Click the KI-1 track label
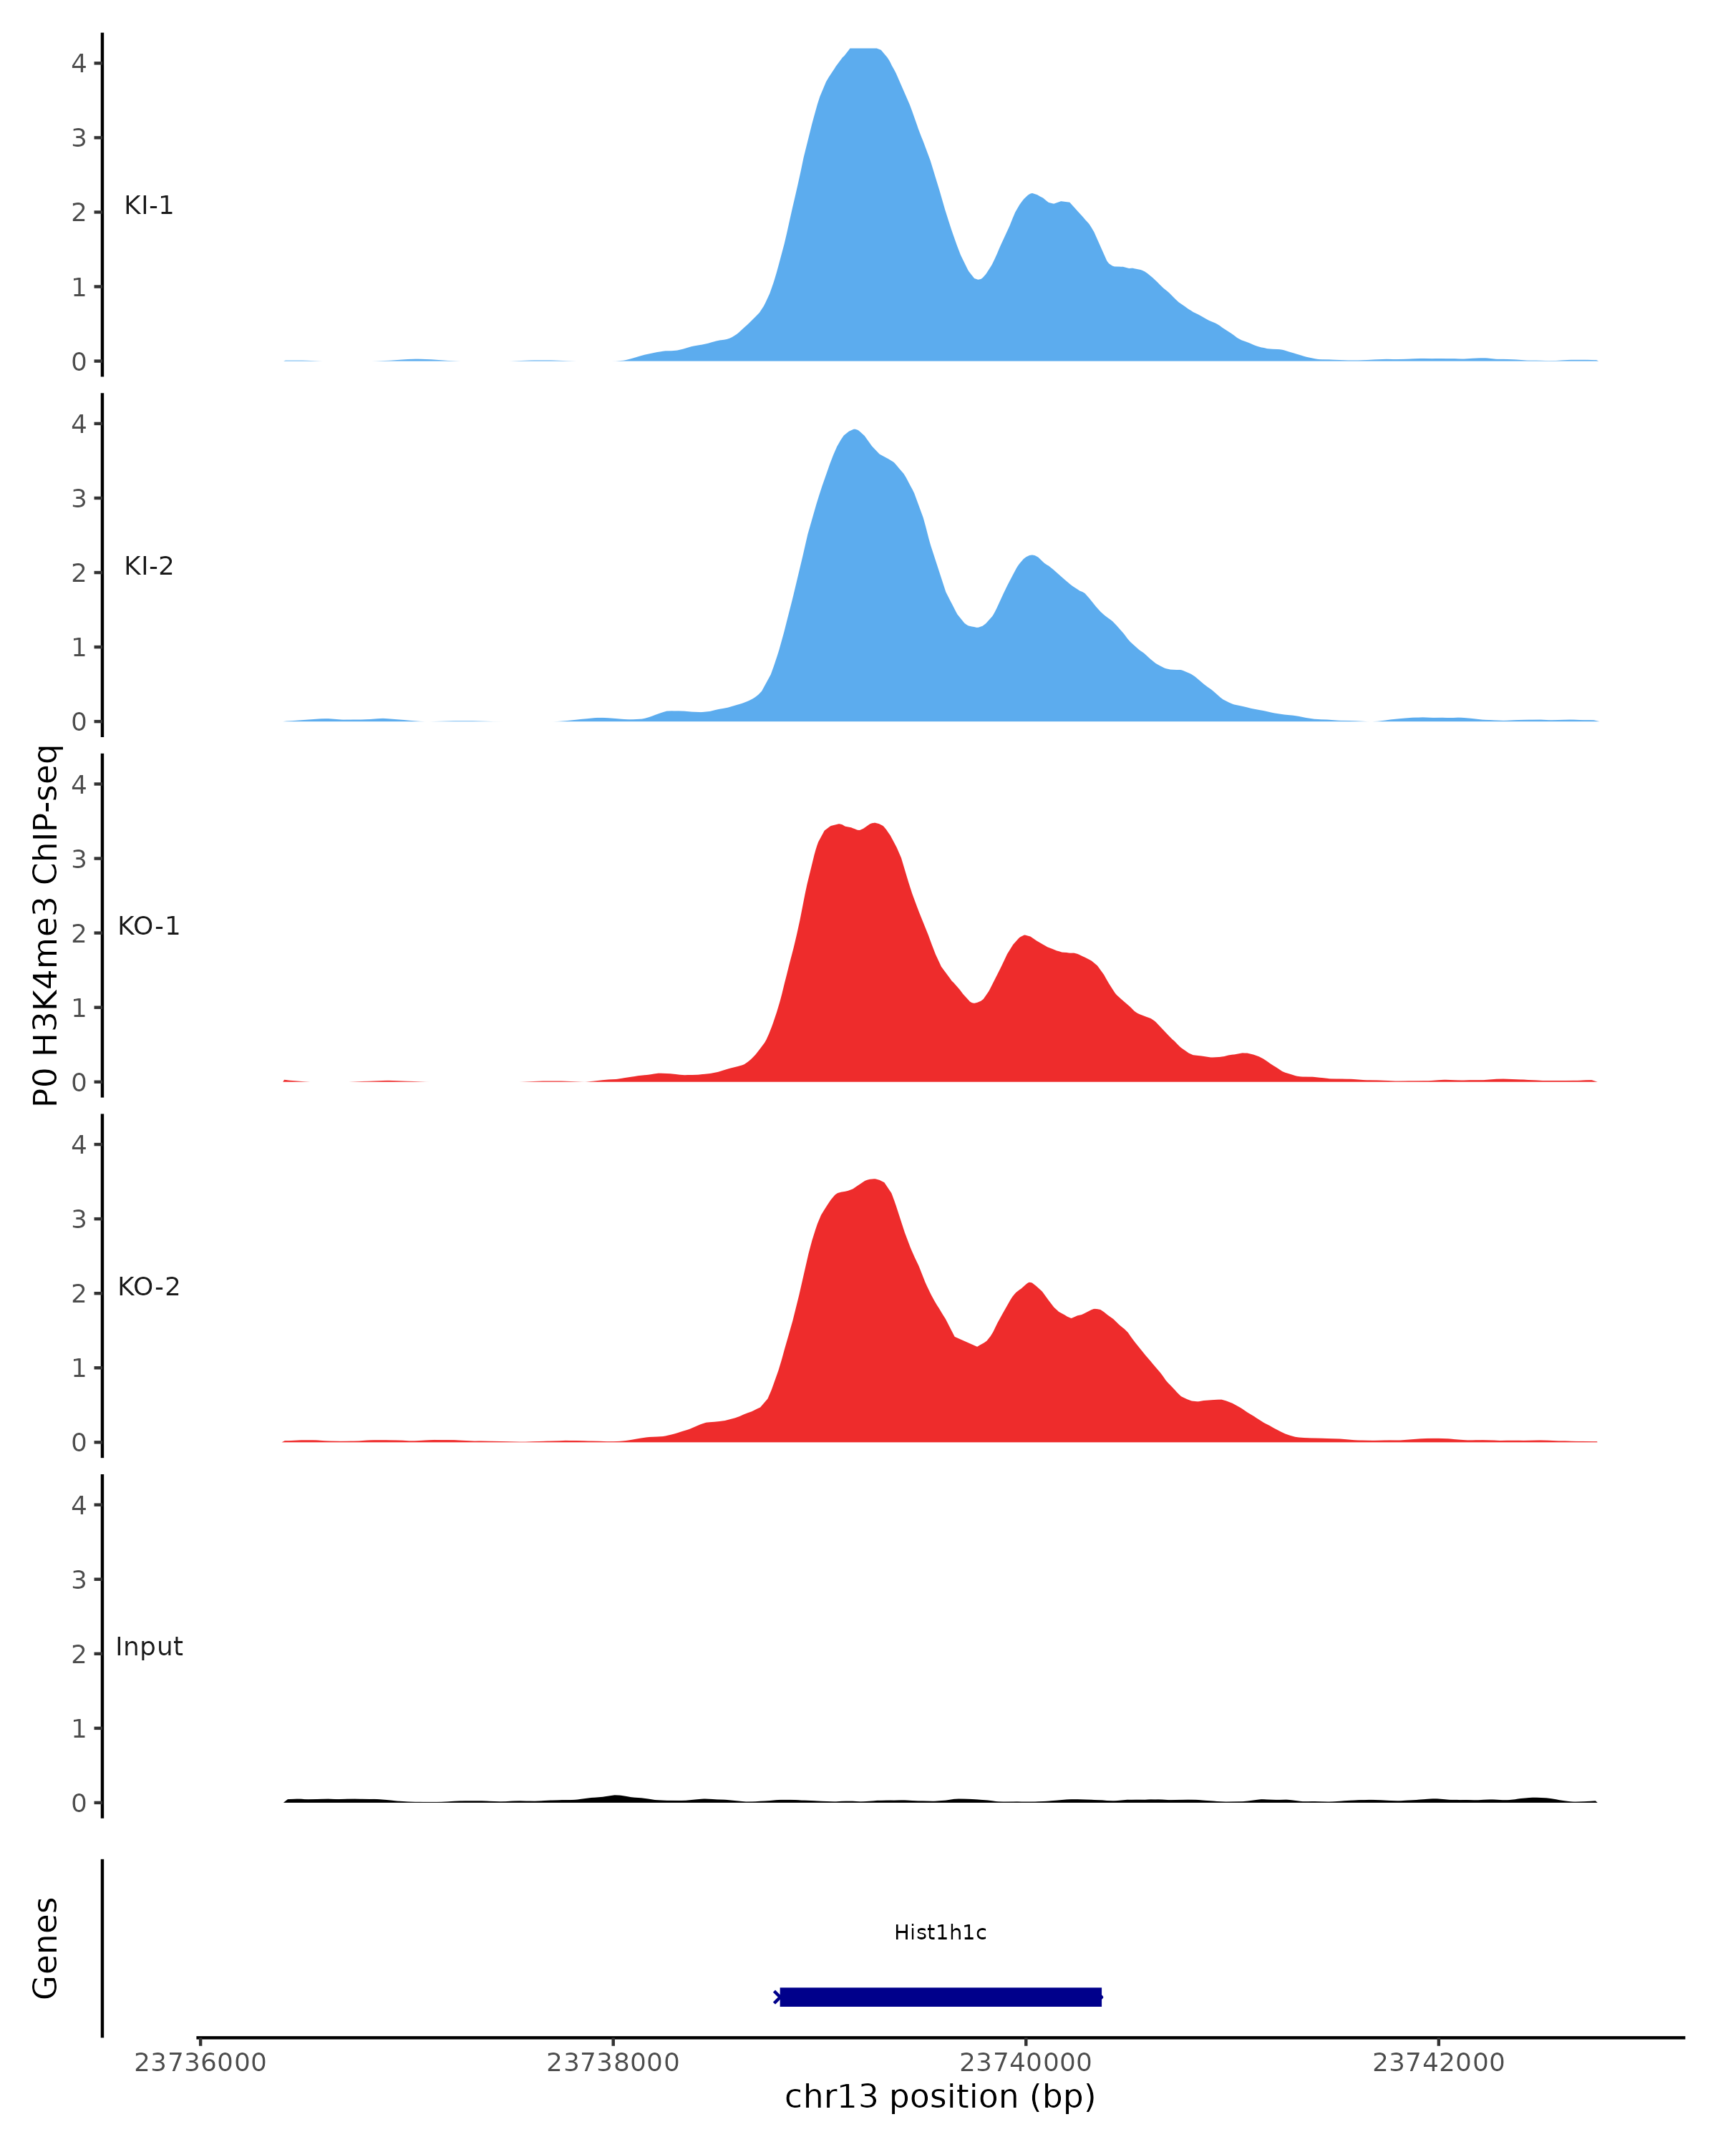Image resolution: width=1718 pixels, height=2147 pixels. [x=148, y=205]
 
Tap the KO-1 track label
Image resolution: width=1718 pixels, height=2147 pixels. [x=148, y=926]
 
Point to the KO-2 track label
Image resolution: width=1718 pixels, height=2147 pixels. [x=148, y=1287]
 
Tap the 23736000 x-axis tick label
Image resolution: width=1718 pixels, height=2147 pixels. [x=200, y=2063]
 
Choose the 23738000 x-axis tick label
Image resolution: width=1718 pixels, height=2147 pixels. [x=613, y=2063]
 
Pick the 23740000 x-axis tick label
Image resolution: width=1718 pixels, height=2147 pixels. [x=1026, y=2063]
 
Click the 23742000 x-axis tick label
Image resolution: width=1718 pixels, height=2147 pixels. [x=1438, y=2063]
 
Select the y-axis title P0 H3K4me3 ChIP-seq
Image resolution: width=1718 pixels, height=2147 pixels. [x=46, y=925]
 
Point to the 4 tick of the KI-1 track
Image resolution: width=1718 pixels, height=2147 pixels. [x=79, y=63]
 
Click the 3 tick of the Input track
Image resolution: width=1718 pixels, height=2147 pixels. [x=79, y=1579]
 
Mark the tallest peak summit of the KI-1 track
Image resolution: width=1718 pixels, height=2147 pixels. [x=863, y=49]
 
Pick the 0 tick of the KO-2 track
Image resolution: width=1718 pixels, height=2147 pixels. [x=79, y=1443]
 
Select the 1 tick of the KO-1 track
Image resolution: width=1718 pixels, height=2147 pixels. [x=79, y=1008]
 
